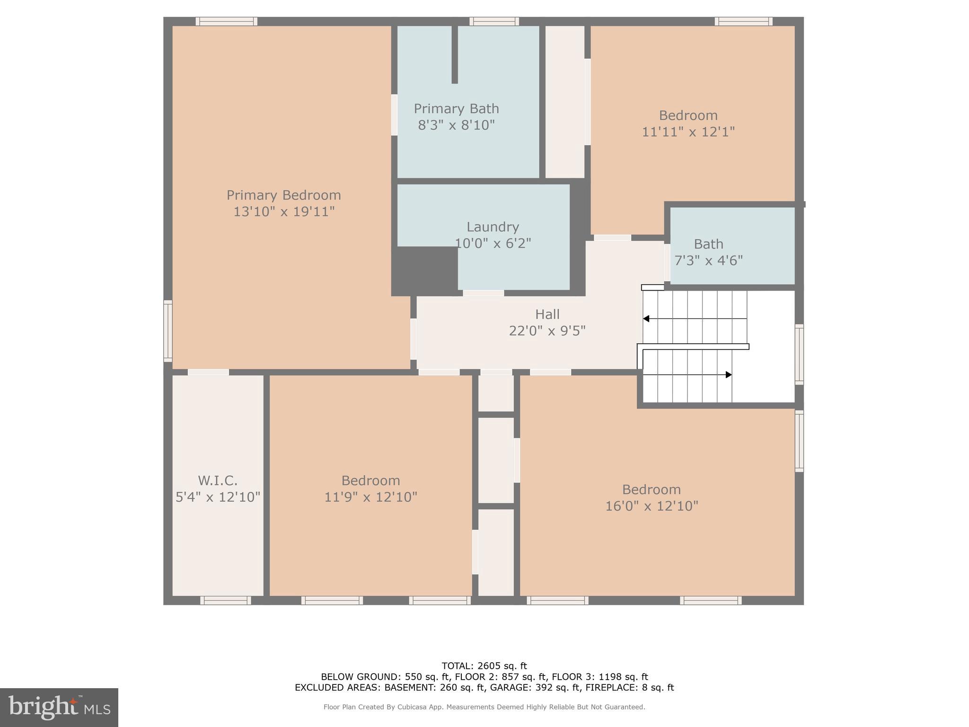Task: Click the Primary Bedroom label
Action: coord(283,195)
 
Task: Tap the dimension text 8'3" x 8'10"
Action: coord(456,125)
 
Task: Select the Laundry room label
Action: coord(493,227)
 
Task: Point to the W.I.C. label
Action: coord(218,480)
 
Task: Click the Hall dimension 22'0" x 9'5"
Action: coord(547,330)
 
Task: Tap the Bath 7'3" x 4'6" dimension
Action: coord(708,260)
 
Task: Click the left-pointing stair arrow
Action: coord(646,319)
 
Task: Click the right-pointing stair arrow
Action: coord(728,375)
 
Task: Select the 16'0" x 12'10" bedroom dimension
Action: coord(652,506)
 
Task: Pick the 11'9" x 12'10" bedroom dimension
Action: coord(370,497)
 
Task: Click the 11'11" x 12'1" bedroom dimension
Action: coord(688,132)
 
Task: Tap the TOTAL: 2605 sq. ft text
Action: coord(484,666)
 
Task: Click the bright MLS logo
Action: coord(59,707)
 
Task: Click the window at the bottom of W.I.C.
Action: coord(225,600)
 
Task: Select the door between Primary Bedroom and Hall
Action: coord(413,339)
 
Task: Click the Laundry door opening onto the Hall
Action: coord(483,293)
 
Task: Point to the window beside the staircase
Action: coord(799,354)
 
